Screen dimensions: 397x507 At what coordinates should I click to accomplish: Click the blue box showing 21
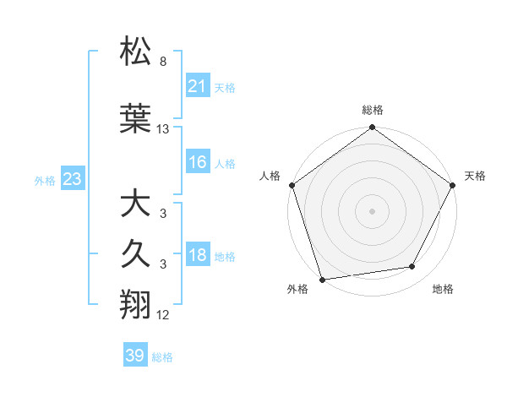[197, 86]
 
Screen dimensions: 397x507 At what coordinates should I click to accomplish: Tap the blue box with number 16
[197, 163]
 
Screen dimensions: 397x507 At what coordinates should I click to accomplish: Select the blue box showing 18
[197, 256]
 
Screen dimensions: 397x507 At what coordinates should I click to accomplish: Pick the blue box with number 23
[72, 179]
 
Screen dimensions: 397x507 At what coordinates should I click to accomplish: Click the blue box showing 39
[134, 356]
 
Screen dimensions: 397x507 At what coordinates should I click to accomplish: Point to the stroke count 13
[163, 129]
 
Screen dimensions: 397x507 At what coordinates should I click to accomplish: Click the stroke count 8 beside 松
[163, 62]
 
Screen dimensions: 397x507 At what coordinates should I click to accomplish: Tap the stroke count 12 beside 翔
[163, 315]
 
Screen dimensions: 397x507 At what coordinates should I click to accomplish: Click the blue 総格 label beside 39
[162, 357]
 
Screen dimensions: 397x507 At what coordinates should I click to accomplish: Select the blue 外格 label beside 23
[45, 180]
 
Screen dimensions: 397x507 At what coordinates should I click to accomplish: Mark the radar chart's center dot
[372, 210]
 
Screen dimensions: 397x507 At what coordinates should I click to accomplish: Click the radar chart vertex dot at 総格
[372, 128]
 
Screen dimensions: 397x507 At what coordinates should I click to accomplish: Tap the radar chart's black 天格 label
[476, 177]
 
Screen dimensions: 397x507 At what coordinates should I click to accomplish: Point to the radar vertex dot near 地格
[412, 267]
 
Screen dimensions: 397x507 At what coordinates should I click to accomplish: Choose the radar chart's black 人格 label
[270, 177]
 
